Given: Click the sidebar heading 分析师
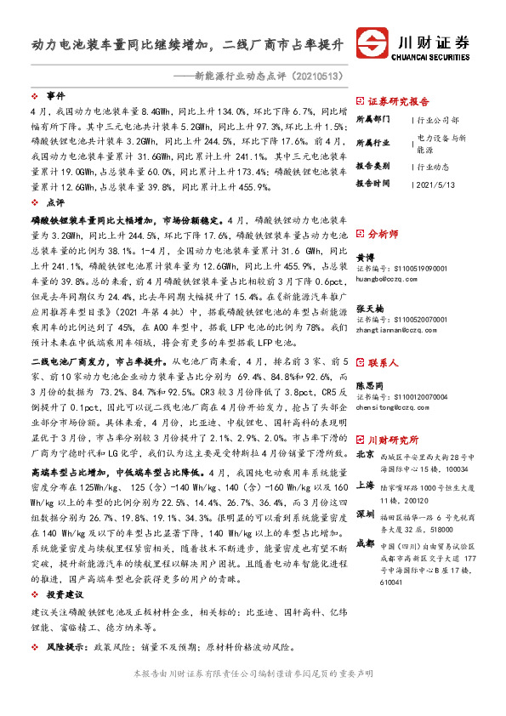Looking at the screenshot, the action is click(383, 231).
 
